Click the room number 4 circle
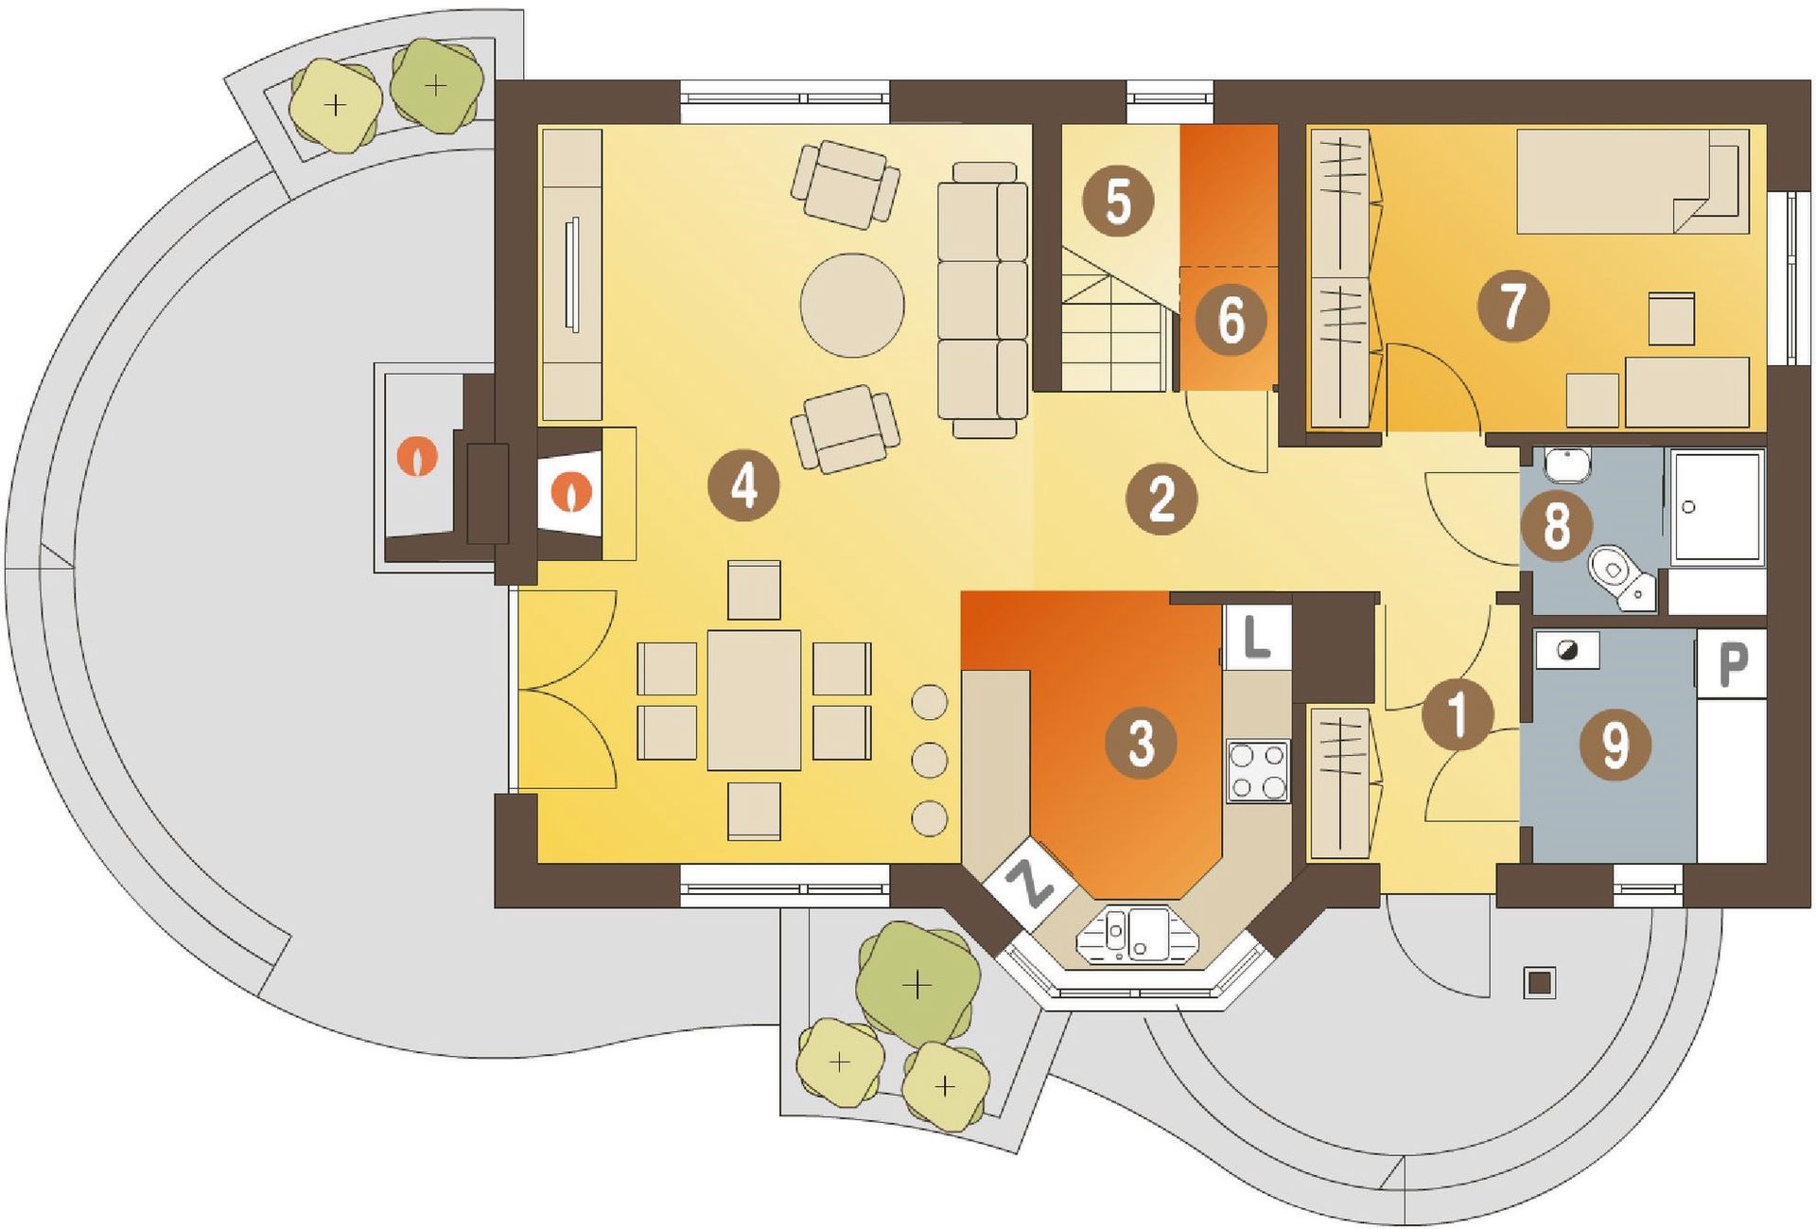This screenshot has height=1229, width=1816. (x=744, y=487)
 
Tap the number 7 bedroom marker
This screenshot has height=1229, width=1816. (x=1513, y=306)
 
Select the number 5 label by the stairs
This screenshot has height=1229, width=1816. (x=1118, y=202)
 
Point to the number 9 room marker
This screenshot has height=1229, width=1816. (x=1615, y=746)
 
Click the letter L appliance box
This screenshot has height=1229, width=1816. (x=1257, y=638)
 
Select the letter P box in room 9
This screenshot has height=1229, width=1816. (x=1732, y=664)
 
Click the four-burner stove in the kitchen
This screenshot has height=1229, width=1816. (x=1258, y=772)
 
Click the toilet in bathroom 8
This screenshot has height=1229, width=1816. (x=1621, y=576)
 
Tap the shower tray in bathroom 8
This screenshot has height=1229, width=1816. (x=1717, y=508)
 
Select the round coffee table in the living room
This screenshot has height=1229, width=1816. (x=852, y=305)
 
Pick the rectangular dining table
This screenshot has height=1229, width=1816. (x=754, y=700)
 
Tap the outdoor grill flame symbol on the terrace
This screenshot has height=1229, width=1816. (x=417, y=456)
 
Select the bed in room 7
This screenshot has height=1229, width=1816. (x=1633, y=182)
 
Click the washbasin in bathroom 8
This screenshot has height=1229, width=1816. (x=1568, y=464)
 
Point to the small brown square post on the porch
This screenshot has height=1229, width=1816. (x=1540, y=983)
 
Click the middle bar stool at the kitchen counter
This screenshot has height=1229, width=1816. (x=930, y=760)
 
